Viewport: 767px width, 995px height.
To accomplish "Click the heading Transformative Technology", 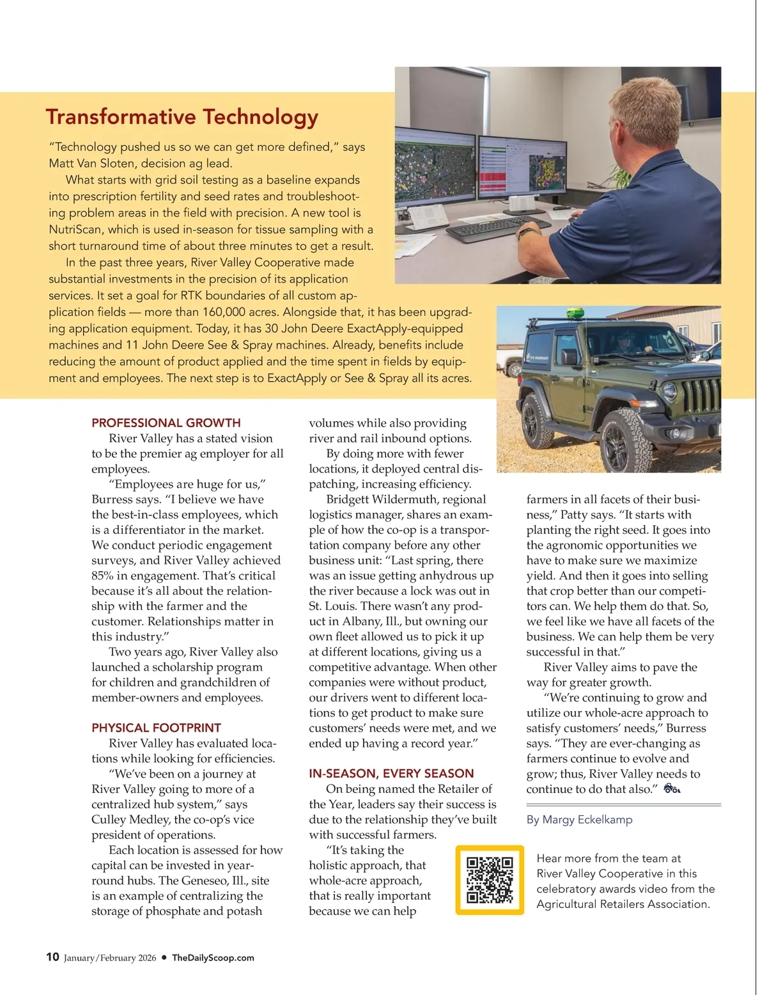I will [x=182, y=117].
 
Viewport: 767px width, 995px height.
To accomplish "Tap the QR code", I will [x=490, y=880].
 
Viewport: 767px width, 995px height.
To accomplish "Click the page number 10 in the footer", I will [x=52, y=957].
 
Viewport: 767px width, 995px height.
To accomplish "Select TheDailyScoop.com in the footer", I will [x=213, y=958].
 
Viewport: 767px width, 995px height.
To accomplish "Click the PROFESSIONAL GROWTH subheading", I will [x=166, y=423].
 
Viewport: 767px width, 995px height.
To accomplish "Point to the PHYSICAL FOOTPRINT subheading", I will [x=156, y=728].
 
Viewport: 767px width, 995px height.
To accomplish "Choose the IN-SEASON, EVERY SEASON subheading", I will [x=391, y=773].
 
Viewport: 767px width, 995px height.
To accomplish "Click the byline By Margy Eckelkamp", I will [x=579, y=819].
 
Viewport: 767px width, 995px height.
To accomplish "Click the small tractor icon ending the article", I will [x=672, y=788].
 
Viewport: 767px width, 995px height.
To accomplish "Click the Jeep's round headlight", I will [x=669, y=391].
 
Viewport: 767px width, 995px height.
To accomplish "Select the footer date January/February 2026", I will [x=110, y=958].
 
